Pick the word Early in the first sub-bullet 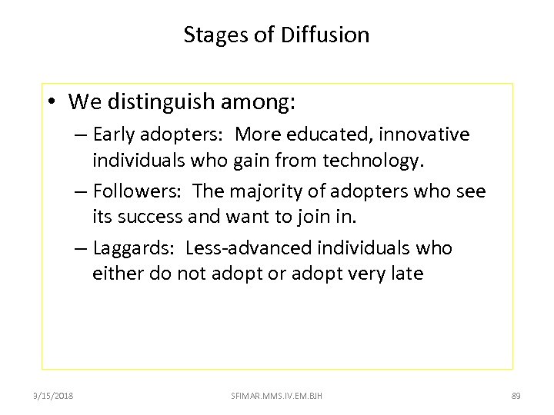(115, 134)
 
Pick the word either (116, 274)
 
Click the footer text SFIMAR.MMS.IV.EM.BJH (277, 396)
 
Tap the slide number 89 (516, 396)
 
